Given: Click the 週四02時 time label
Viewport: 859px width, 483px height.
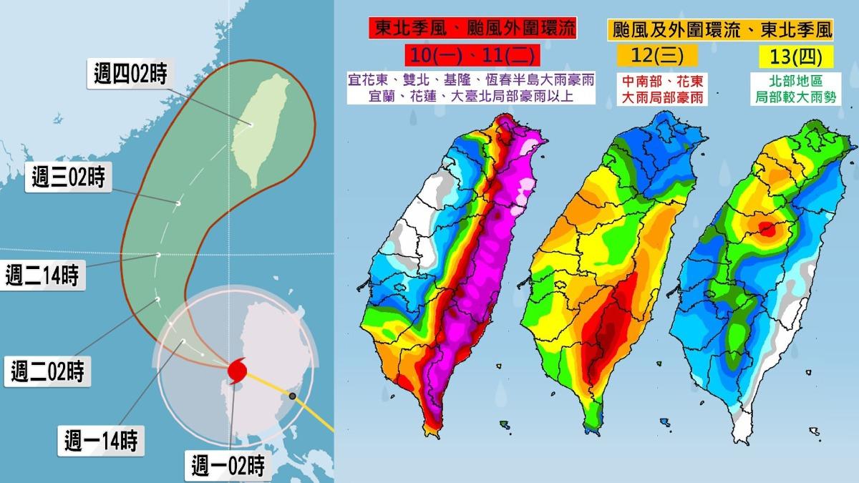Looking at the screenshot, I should coord(130,73).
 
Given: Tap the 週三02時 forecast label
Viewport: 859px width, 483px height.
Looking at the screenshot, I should coord(69,177).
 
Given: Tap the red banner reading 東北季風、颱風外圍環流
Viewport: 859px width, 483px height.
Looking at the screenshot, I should coord(472,29).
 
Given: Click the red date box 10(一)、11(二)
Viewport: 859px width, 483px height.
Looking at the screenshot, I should coord(472,55).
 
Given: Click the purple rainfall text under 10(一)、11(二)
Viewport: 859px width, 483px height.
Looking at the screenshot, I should coord(472,87).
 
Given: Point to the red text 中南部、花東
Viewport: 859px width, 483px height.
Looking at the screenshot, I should coord(661,81).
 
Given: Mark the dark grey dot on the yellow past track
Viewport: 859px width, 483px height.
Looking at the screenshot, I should coord(293,396).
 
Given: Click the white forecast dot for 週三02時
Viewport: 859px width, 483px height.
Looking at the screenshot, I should coord(177,203).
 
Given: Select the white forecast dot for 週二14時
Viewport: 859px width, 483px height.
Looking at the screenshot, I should coord(158,255).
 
